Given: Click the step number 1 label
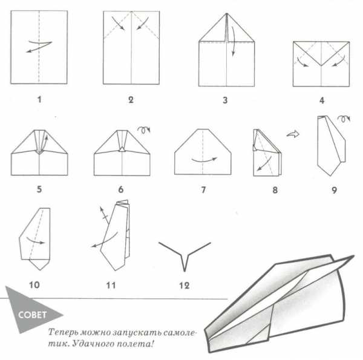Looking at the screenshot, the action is [x=39, y=100].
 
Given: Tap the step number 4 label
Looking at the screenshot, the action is [x=322, y=100].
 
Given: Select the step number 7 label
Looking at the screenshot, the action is [x=203, y=190].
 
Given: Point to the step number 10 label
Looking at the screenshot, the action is [x=34, y=285].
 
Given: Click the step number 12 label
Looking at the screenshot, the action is [x=185, y=286].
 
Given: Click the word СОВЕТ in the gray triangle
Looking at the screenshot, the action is [x=33, y=315].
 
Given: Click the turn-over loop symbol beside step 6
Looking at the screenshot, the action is [x=144, y=129].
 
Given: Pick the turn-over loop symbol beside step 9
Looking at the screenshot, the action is [x=344, y=119].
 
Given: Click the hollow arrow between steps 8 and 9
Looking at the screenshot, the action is [x=293, y=134].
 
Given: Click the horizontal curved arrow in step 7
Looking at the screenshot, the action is [x=204, y=161].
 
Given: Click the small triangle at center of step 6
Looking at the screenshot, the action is [x=122, y=149].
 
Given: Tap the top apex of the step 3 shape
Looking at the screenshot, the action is [x=227, y=13].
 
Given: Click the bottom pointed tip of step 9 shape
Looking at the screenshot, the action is [x=330, y=175].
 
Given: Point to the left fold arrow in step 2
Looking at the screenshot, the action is [x=118, y=23].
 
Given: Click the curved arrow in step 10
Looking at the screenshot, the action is [x=35, y=241].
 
